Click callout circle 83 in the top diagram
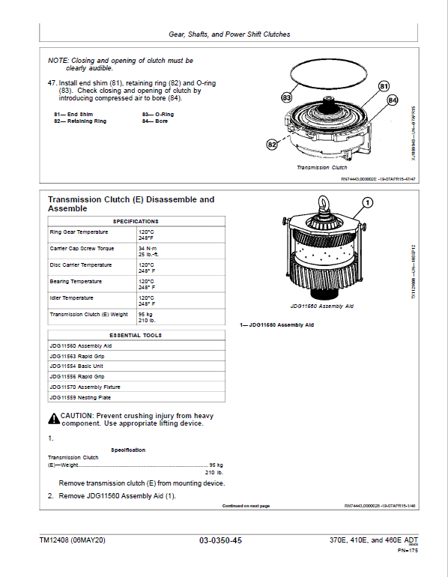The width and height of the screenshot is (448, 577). [x=287, y=97]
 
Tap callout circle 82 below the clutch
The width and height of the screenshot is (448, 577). [x=272, y=143]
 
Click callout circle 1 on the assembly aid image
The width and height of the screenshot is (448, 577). [x=367, y=202]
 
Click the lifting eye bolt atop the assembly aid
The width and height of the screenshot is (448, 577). [x=326, y=204]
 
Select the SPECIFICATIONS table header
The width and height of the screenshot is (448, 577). [x=136, y=222]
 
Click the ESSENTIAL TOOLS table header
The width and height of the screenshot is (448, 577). [x=136, y=335]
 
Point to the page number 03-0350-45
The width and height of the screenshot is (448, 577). [x=220, y=540]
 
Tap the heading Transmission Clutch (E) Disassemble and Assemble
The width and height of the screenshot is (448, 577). [x=130, y=204]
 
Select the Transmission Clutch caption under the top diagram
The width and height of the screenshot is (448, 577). [x=322, y=167]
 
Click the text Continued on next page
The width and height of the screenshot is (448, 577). [x=246, y=506]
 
